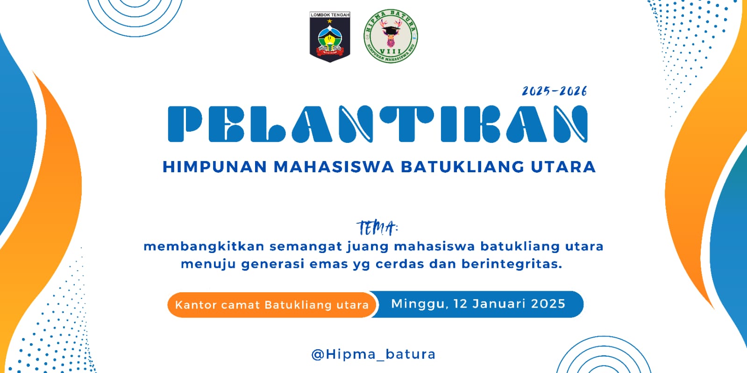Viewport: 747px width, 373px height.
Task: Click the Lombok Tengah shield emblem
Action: tap(329, 37)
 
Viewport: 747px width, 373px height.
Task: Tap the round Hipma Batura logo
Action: tap(391, 36)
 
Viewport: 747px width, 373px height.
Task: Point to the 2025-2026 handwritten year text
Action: tap(554, 91)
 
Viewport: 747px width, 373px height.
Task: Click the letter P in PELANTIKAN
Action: tap(185, 124)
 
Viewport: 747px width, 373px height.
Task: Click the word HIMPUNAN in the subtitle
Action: tap(215, 167)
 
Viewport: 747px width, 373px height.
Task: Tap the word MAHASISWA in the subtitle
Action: tap(334, 167)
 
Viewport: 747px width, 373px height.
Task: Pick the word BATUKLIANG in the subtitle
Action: tap(462, 167)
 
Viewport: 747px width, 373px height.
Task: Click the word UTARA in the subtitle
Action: tap(563, 167)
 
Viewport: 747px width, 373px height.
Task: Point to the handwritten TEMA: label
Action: tap(377, 228)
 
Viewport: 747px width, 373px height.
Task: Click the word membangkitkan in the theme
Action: tap(204, 246)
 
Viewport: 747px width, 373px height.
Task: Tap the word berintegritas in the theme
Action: tap(512, 264)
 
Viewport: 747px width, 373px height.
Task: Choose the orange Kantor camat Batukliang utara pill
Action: tap(272, 305)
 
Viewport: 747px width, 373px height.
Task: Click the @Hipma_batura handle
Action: tap(374, 354)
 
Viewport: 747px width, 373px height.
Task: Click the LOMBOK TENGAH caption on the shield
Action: tap(330, 15)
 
